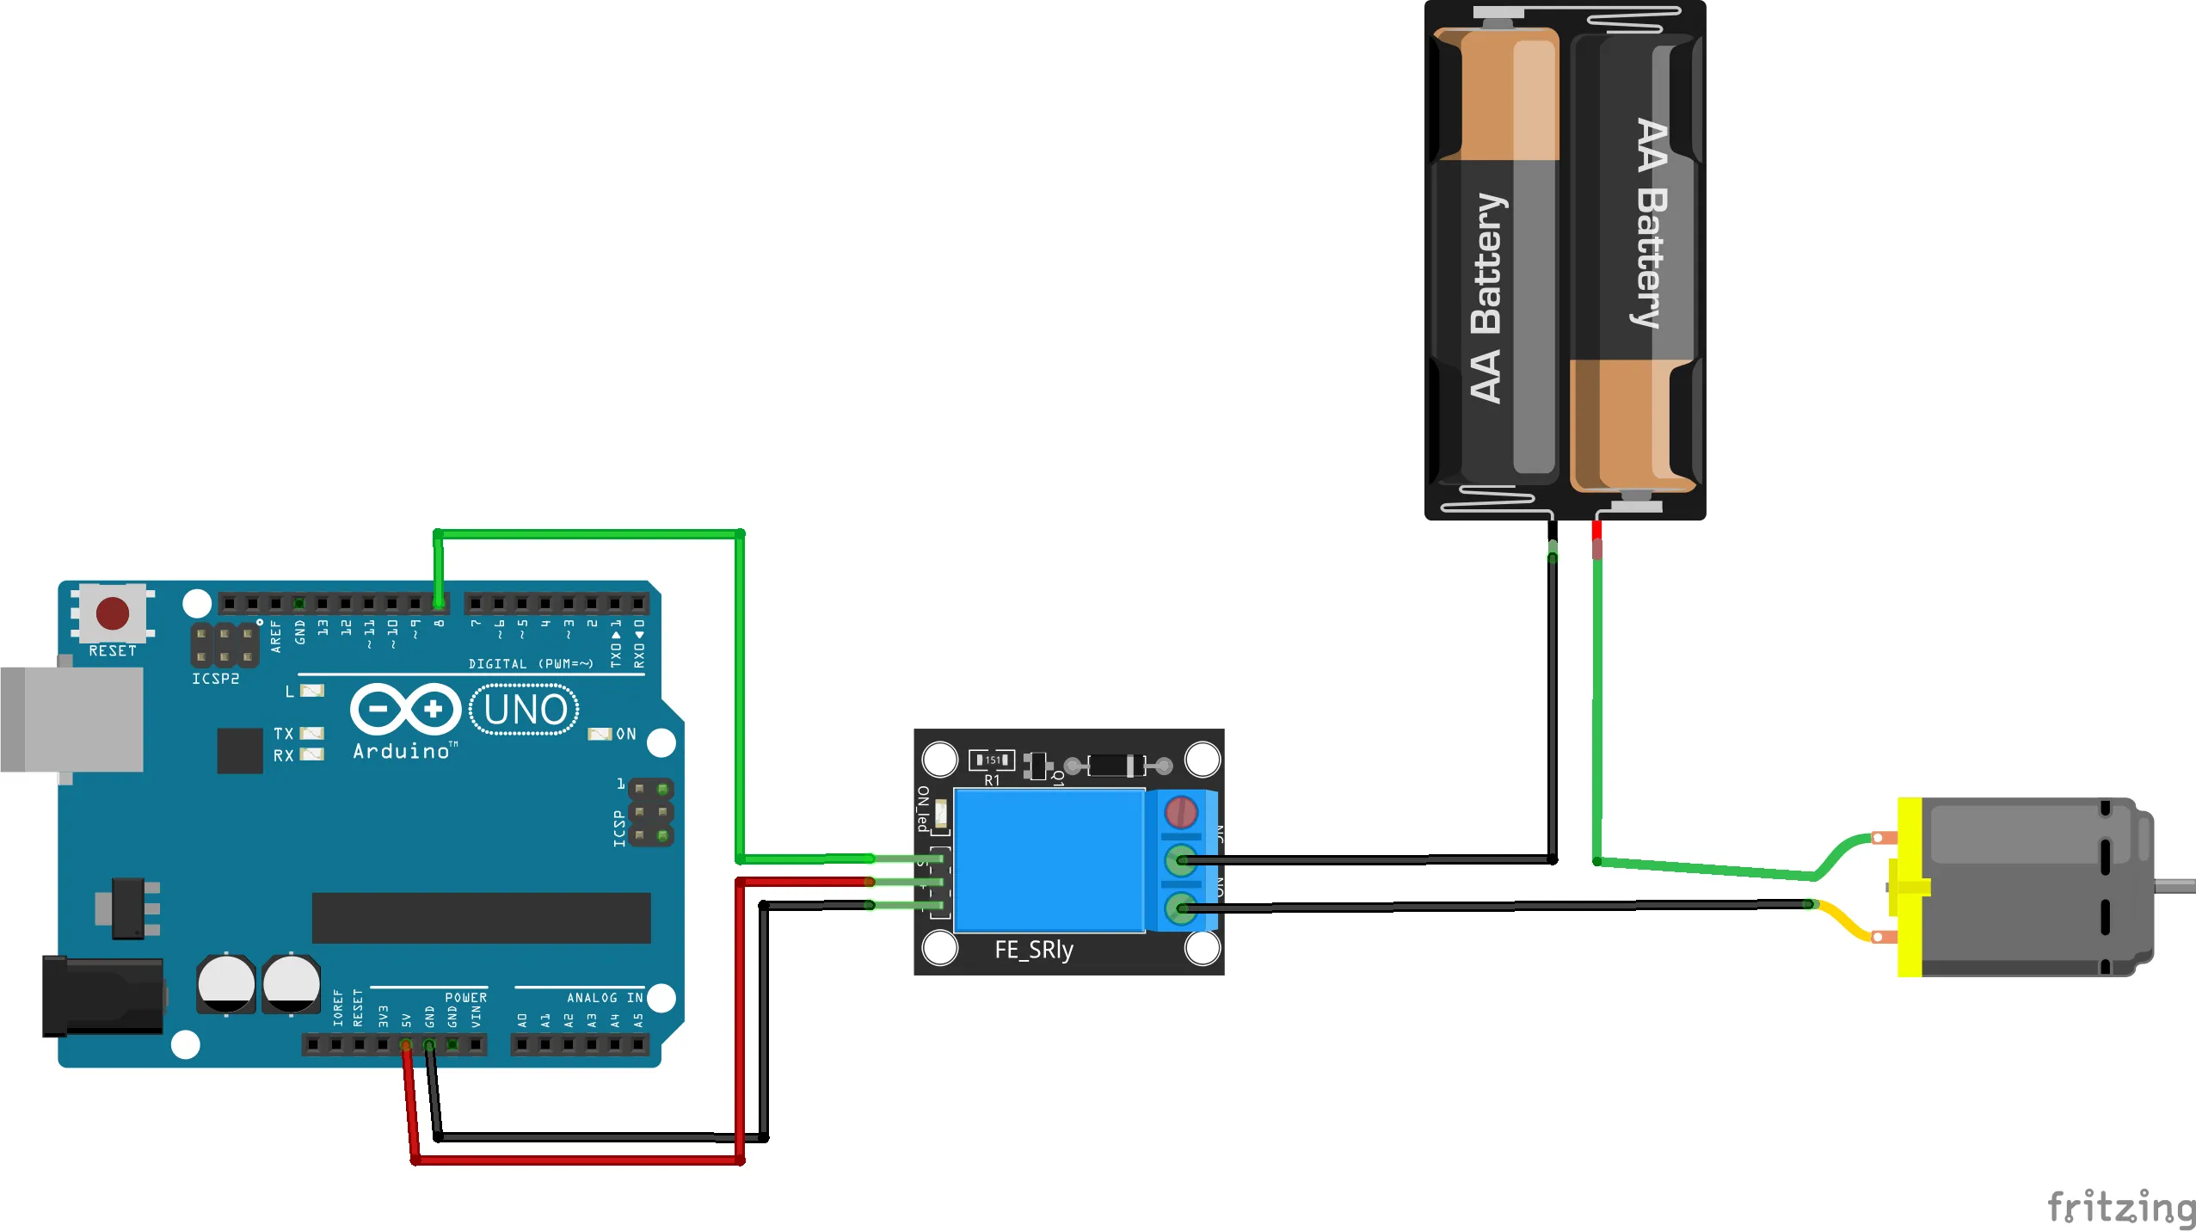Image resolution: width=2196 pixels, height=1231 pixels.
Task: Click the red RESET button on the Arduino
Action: (x=113, y=613)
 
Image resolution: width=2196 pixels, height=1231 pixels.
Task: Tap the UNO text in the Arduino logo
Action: (x=525, y=711)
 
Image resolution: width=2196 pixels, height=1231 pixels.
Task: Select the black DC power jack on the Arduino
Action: (x=103, y=995)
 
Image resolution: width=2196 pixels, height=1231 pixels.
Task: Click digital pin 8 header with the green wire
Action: (x=439, y=603)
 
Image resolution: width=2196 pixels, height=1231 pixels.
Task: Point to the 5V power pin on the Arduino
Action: (x=406, y=1044)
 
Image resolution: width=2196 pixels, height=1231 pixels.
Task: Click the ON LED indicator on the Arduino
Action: (x=600, y=734)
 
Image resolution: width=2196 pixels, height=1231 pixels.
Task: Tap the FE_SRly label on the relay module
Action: (x=1034, y=950)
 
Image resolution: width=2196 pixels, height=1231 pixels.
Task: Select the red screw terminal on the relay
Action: (x=1181, y=811)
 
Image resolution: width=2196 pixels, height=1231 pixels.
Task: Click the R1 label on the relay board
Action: (x=992, y=780)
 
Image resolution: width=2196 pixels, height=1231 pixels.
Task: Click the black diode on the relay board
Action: (x=1116, y=765)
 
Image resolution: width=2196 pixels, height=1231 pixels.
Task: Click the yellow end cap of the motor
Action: (x=1910, y=886)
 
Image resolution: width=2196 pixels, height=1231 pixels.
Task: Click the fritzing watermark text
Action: (x=2121, y=1207)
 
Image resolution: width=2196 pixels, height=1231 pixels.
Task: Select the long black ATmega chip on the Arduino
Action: (x=481, y=918)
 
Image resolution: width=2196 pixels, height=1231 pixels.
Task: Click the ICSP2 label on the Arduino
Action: (x=215, y=679)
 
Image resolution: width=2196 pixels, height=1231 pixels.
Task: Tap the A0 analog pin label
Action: (x=521, y=1020)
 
